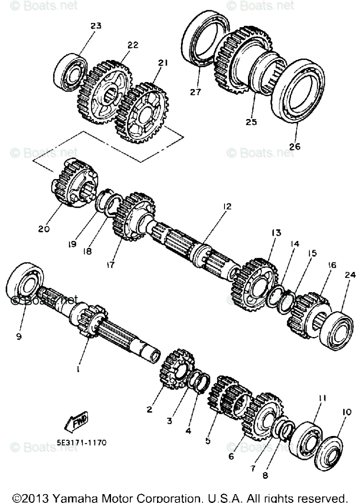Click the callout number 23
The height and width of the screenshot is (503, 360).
(x=96, y=26)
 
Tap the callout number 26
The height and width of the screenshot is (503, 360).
(x=294, y=146)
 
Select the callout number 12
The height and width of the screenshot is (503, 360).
(x=227, y=206)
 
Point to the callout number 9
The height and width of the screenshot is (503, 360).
(x=18, y=336)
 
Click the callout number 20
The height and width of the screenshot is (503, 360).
(x=44, y=229)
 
